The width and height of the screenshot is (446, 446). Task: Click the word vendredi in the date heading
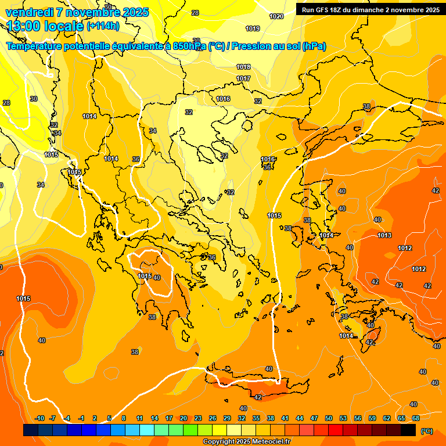tap(29, 12)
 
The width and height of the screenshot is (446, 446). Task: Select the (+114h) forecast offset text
tap(103, 26)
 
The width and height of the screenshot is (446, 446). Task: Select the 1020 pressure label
tap(276, 16)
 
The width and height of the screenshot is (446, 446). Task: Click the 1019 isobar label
tap(253, 28)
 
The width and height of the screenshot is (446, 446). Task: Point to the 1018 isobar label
tap(243, 67)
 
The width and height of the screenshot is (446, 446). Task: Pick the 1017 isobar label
tap(243, 78)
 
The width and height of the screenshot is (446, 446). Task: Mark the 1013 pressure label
tap(384, 235)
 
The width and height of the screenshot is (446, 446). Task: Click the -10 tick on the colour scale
tap(39, 418)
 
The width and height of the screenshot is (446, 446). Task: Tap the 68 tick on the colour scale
tap(416, 418)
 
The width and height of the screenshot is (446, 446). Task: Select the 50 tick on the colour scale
tap(329, 418)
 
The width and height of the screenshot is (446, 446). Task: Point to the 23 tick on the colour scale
tap(198, 418)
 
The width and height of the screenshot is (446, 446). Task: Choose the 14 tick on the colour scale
tap(154, 418)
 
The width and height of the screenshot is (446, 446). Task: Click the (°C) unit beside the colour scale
tap(426, 430)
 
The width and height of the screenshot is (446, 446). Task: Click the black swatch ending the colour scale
tap(408, 430)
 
